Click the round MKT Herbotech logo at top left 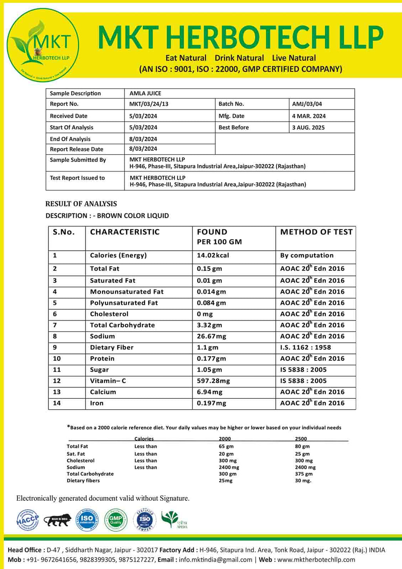point(43,45)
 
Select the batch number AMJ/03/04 point(307,104)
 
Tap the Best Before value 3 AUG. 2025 point(308,128)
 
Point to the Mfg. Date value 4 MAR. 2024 point(309,116)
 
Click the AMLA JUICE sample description point(145,93)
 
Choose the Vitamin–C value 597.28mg point(213,381)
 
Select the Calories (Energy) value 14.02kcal point(213,255)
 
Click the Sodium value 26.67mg point(211,336)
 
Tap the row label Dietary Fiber point(111,348)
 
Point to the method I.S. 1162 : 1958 point(305,348)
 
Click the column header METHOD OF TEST point(316,232)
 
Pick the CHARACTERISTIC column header point(125,232)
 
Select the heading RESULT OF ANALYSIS point(81,204)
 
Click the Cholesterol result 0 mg point(205,314)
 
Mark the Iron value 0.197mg point(211,403)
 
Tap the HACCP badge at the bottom point(27,520)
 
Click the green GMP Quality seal point(115,520)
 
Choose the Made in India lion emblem point(57,520)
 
